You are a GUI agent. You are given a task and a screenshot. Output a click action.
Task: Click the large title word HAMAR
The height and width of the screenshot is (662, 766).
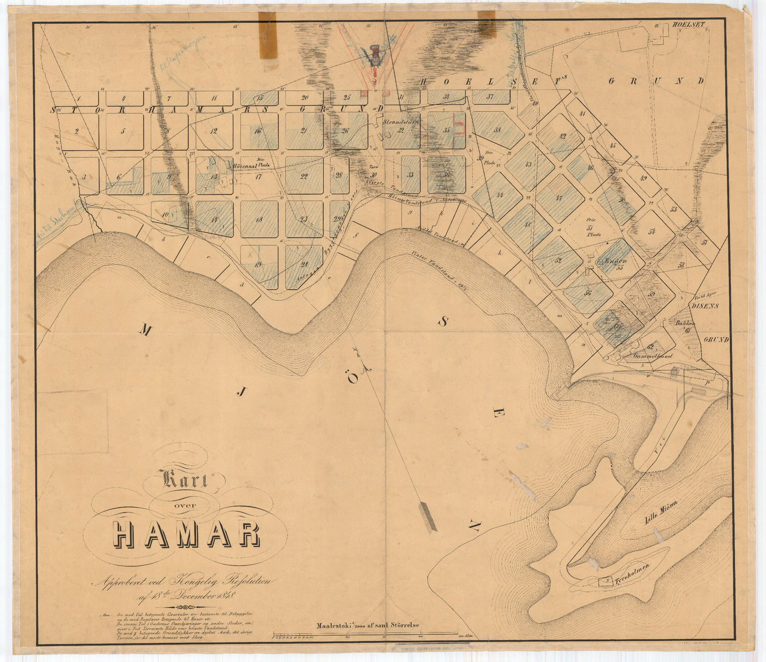(187, 535)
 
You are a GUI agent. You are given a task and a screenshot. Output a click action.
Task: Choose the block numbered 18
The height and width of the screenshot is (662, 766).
(259, 219)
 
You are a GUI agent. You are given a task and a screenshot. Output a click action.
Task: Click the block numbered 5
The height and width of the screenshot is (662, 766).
(123, 131)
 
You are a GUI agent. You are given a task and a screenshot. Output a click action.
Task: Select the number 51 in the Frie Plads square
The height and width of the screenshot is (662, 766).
(592, 227)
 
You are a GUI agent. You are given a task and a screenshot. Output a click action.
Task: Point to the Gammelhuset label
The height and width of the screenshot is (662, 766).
(653, 356)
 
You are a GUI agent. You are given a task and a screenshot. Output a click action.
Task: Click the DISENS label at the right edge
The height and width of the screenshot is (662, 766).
(705, 306)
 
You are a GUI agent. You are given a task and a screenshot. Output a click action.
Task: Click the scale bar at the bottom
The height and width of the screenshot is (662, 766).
(366, 634)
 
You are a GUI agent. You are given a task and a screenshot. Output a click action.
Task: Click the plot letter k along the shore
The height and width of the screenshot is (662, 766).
(499, 252)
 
